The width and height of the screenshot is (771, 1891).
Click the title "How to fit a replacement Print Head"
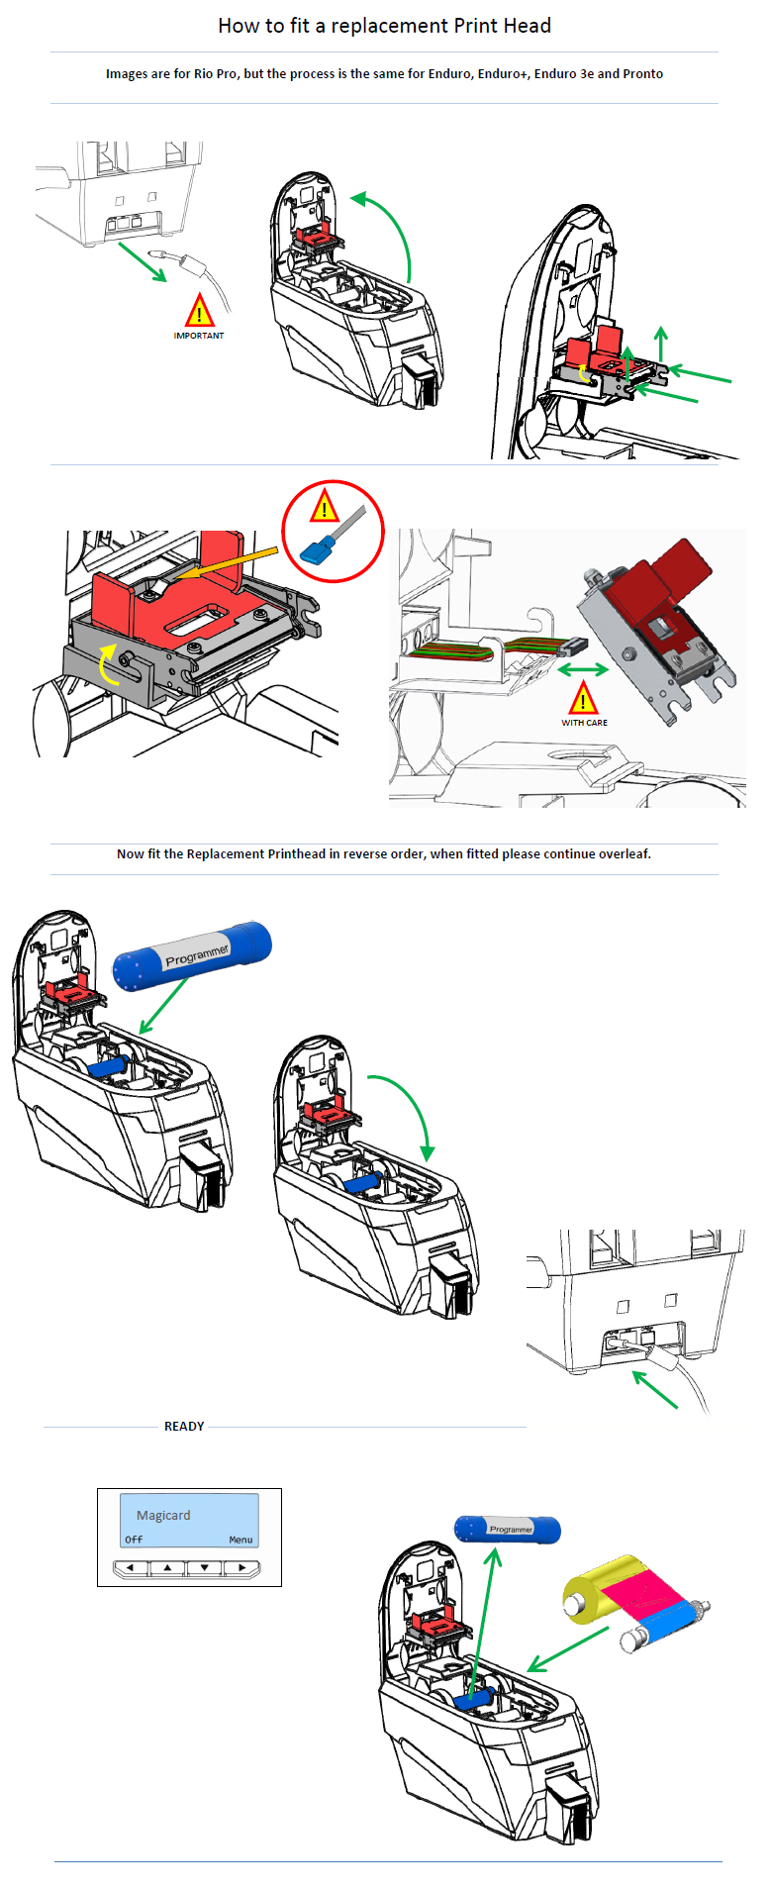tap(384, 26)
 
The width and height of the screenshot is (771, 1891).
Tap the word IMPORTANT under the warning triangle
tap(199, 336)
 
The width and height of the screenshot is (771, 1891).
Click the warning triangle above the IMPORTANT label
tap(199, 312)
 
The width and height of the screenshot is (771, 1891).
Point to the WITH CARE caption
tap(584, 723)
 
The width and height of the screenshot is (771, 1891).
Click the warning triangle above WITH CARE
tap(583, 699)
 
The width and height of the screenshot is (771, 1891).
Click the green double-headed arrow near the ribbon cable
tap(583, 669)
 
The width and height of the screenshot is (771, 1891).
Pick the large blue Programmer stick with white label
tap(192, 955)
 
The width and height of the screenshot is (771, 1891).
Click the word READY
tap(184, 1427)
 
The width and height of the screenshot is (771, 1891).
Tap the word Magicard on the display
tap(163, 1515)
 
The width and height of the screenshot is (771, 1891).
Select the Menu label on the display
tap(241, 1540)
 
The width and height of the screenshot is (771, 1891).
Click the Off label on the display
tap(134, 1540)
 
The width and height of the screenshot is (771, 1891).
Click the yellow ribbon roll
tap(595, 1589)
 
